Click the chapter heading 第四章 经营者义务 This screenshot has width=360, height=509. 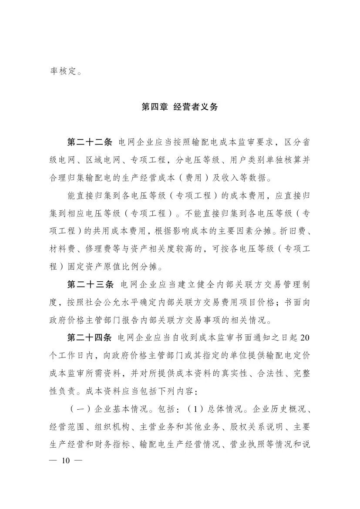tap(180, 107)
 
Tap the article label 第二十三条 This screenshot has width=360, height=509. tap(90, 285)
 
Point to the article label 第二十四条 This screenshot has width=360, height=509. tap(90, 338)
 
